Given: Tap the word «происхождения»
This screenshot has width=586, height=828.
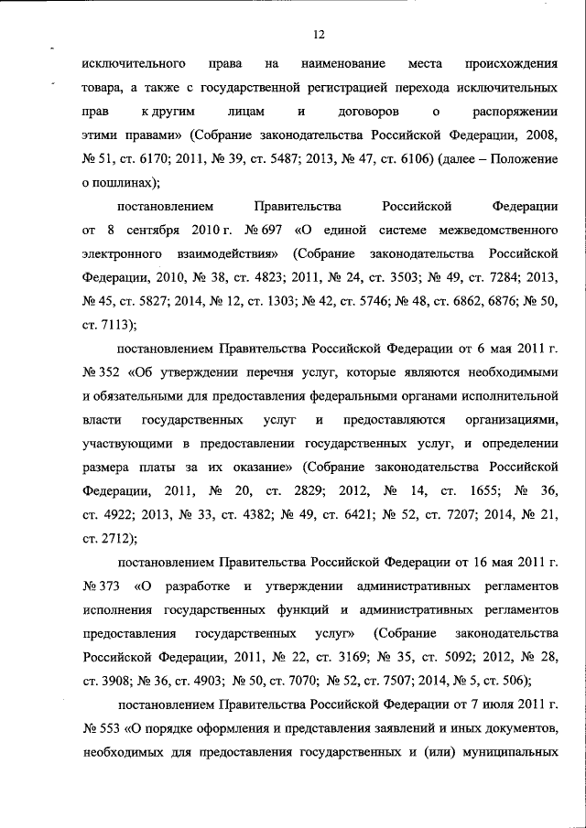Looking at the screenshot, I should pyautogui.click(x=513, y=66).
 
